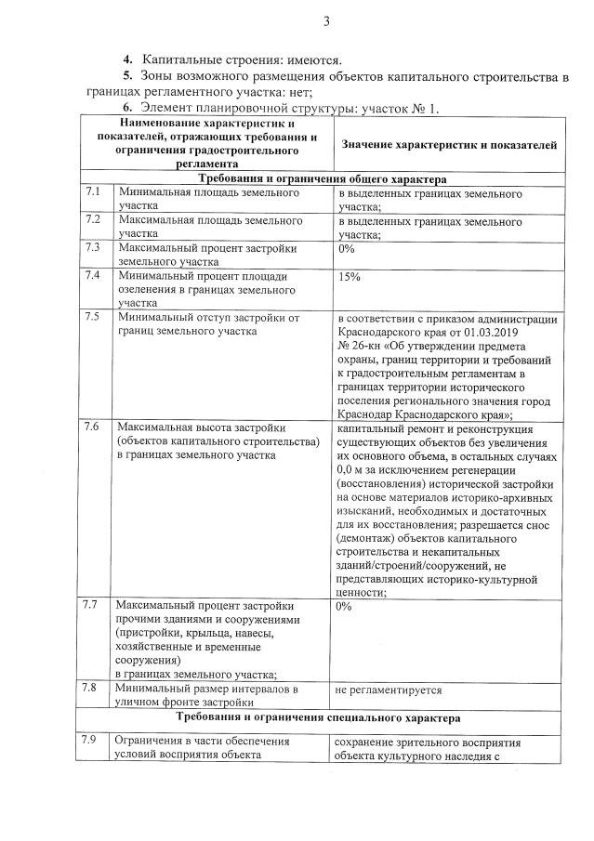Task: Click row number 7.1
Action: pos(93,191)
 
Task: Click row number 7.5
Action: pos(93,318)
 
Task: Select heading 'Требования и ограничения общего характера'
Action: pos(322,177)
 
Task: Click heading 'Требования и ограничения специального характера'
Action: pos(322,718)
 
